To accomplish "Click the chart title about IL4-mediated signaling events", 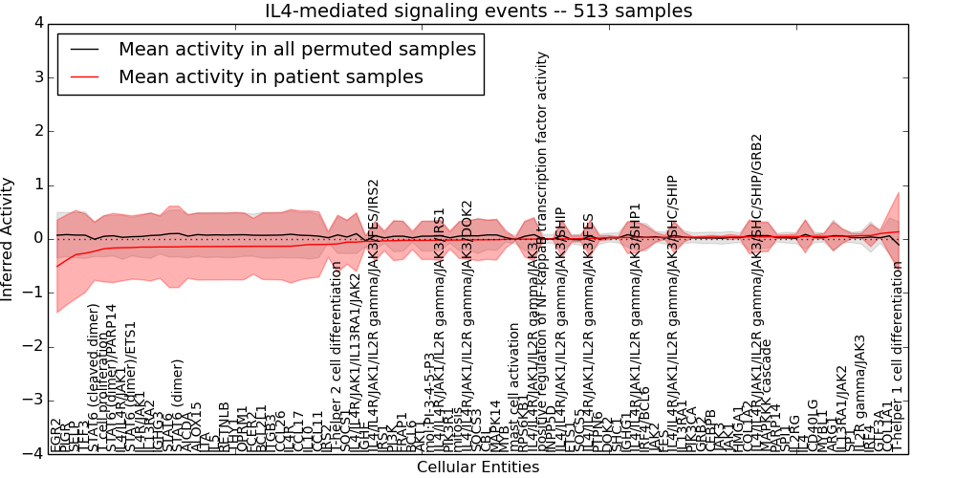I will (478, 11).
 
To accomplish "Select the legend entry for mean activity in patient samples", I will (271, 77).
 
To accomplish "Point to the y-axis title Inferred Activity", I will (9, 238).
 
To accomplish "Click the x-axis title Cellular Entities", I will (478, 467).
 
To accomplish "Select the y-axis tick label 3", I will (37, 76).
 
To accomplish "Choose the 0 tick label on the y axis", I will (37, 238).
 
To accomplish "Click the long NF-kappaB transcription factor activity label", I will (544, 239).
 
